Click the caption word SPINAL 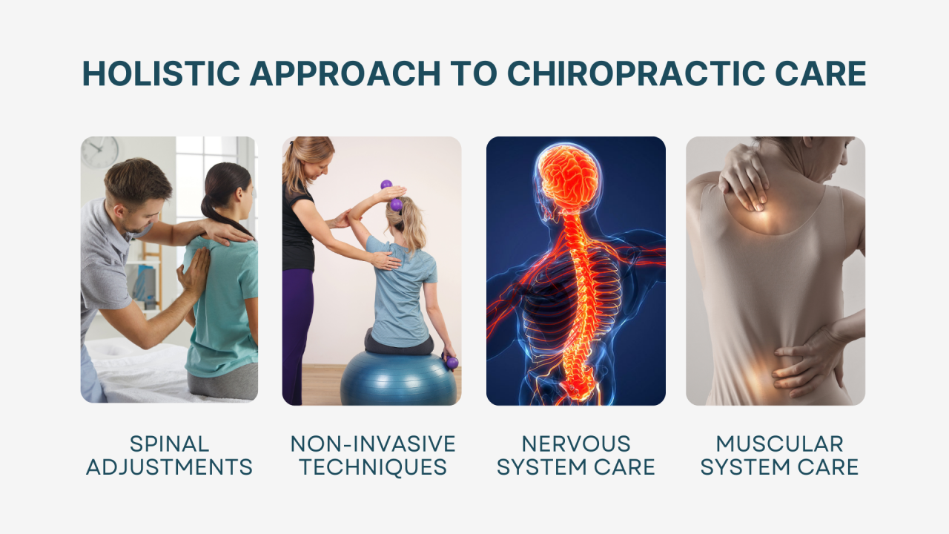tap(169, 444)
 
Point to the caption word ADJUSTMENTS tap(169, 468)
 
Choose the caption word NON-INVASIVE tap(372, 444)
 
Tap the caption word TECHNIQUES tap(372, 468)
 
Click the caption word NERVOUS tap(575, 444)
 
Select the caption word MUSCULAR tap(779, 444)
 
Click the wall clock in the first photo tap(99, 151)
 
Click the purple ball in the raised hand tap(386, 185)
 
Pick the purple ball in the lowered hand tap(452, 363)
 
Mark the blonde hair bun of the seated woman tap(396, 205)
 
